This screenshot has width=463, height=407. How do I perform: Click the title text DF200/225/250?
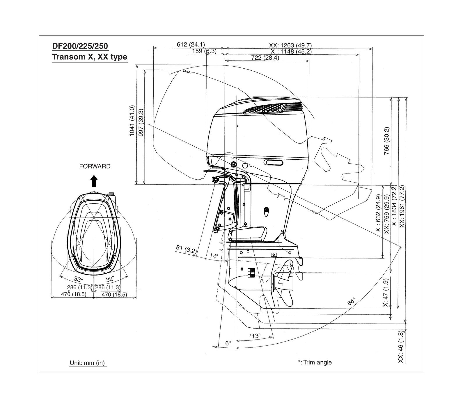coord(80,46)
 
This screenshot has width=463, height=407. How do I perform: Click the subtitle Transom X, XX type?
coord(90,57)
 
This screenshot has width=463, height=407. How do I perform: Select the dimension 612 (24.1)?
coord(191,44)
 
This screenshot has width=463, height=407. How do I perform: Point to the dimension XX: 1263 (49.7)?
coord(290,45)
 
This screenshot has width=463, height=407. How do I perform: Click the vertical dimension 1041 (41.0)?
coord(132,120)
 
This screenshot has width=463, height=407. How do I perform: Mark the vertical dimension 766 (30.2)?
coord(386,141)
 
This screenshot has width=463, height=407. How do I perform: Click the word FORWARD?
coord(95,167)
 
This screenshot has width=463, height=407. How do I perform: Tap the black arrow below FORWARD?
coord(94,181)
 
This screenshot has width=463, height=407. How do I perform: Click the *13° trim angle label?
coord(255,336)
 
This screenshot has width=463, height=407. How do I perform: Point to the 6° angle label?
coord(228,343)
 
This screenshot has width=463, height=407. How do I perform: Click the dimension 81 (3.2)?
coord(186,249)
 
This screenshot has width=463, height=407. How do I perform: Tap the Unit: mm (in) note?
coord(87,363)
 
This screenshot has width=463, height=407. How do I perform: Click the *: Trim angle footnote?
coord(315,363)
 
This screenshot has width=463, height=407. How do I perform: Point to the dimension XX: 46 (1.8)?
coord(401,347)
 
